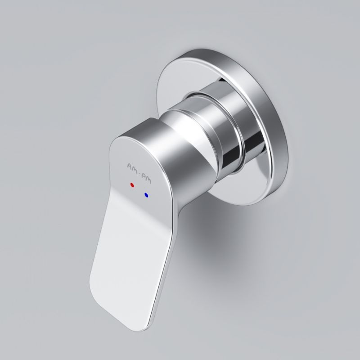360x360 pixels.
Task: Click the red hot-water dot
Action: point(131,185)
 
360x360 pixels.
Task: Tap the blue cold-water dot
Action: point(146,195)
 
